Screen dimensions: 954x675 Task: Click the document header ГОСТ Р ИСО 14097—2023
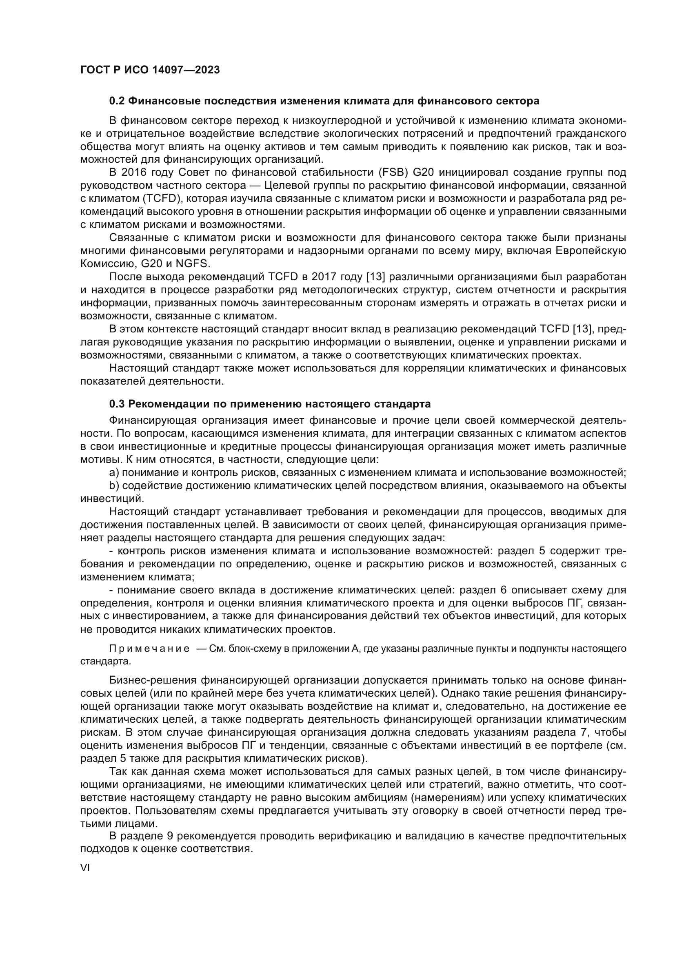pyautogui.click(x=150, y=70)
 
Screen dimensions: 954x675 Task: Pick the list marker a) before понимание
pyautogui.click(x=114, y=472)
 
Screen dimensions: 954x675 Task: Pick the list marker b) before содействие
pyautogui.click(x=114, y=486)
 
